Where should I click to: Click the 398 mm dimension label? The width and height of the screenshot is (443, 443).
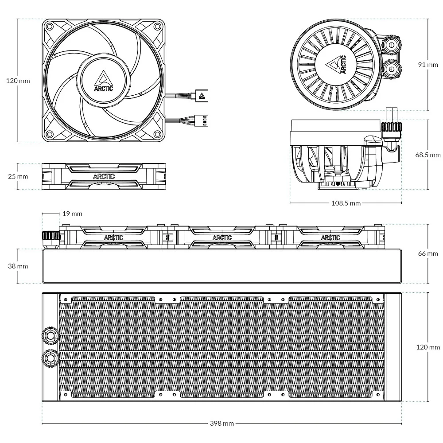click(x=221, y=423)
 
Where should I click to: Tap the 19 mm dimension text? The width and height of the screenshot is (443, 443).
click(x=72, y=214)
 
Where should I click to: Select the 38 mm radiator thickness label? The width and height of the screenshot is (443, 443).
click(x=18, y=266)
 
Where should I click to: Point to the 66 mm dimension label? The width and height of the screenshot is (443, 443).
click(x=428, y=253)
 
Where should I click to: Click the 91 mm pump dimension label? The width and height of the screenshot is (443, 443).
click(x=428, y=64)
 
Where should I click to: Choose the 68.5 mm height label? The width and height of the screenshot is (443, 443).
click(x=428, y=155)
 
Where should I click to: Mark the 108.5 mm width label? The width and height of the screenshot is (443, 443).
click(x=346, y=203)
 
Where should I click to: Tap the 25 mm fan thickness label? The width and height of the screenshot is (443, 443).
click(x=18, y=176)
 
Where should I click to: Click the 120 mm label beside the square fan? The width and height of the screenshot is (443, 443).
click(x=18, y=81)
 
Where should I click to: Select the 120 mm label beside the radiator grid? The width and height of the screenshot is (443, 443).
click(x=428, y=347)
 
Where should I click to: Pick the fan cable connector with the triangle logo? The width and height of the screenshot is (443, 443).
click(x=201, y=95)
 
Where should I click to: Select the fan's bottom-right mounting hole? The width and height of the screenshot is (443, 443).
click(x=157, y=134)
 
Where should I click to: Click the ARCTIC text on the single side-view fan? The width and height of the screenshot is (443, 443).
click(x=104, y=176)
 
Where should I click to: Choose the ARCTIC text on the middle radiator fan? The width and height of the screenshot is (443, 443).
click(x=222, y=237)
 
